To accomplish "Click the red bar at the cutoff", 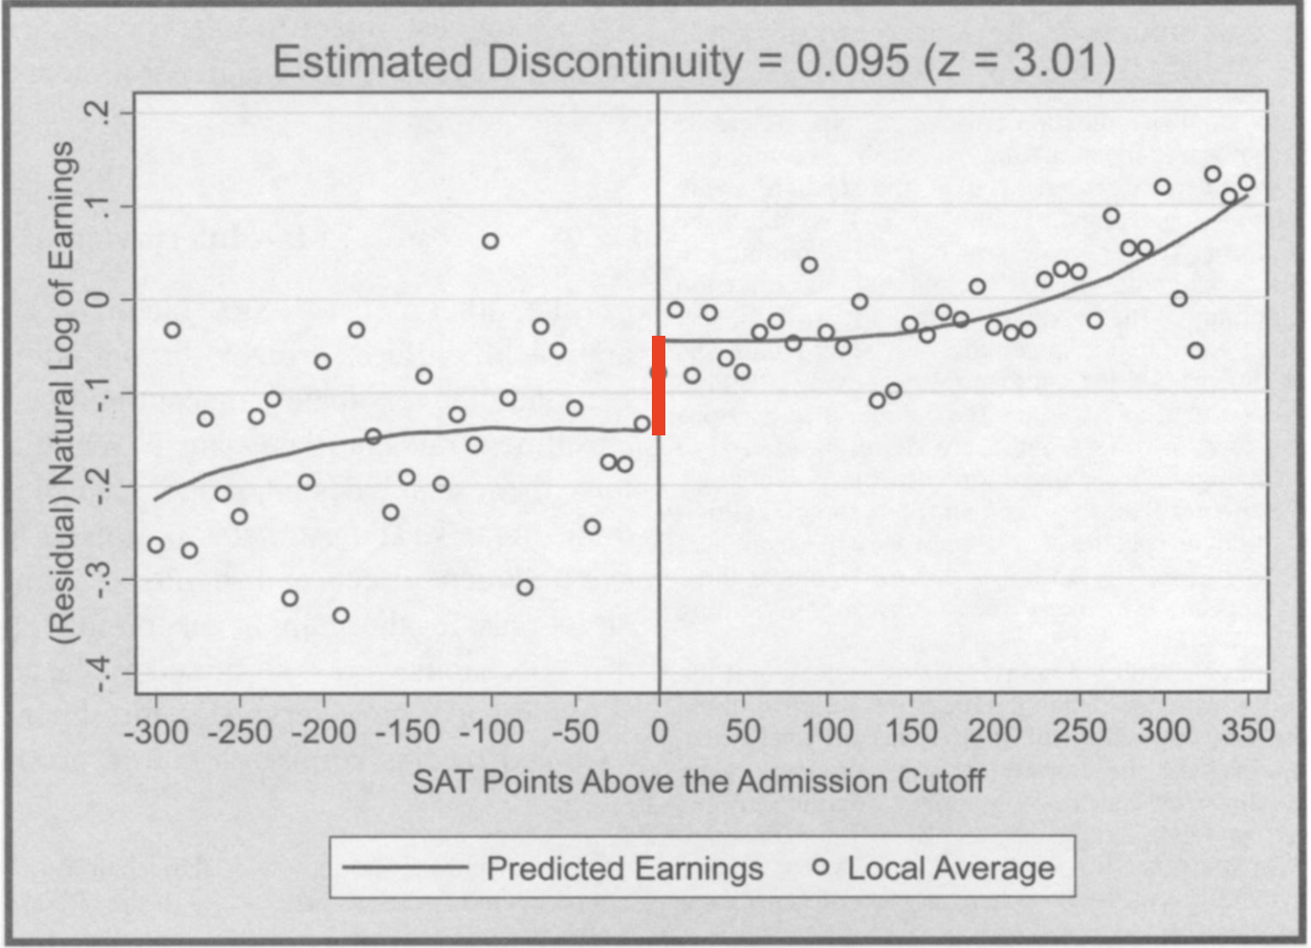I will pyautogui.click(x=658, y=386).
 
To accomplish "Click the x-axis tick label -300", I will pyautogui.click(x=155, y=732).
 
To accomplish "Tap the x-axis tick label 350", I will pyautogui.click(x=1248, y=731).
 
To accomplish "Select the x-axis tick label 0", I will pyautogui.click(x=659, y=732).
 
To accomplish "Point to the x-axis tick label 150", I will pyautogui.click(x=911, y=732).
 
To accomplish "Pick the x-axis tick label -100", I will pyautogui.click(x=490, y=732).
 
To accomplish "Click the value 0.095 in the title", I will pyautogui.click(x=852, y=62).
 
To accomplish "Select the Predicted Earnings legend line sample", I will pyautogui.click(x=405, y=867).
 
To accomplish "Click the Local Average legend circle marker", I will pyautogui.click(x=820, y=867).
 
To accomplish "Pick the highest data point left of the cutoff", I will pyautogui.click(x=490, y=241).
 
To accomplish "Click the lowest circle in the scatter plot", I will pyautogui.click(x=340, y=616).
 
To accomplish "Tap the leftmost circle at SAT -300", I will pyautogui.click(x=156, y=545).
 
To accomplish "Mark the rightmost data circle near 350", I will pyautogui.click(x=1246, y=183).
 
